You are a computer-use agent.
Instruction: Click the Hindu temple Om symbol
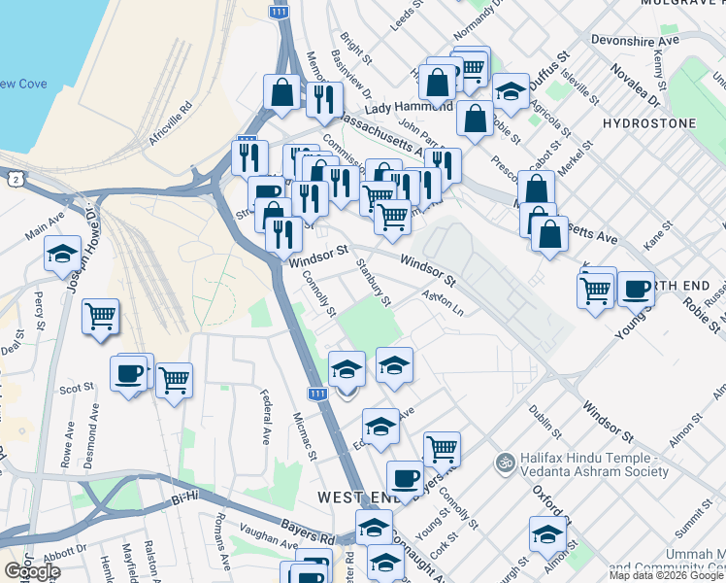tap(503, 461)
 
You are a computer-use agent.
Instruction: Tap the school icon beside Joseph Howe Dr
tap(62, 255)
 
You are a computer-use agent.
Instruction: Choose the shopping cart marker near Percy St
tap(100, 316)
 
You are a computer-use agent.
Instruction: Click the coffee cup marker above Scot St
tap(129, 372)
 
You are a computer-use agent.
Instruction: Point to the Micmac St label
tap(306, 435)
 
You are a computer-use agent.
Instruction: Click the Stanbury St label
tap(373, 282)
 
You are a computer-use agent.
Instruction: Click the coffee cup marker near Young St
tap(636, 289)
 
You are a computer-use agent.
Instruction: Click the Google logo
tap(32, 571)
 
